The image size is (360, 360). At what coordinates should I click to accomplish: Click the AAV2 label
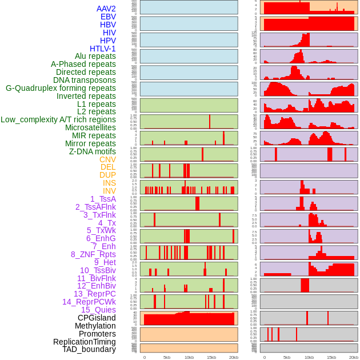(106, 9)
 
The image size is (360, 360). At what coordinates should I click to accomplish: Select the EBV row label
(108, 17)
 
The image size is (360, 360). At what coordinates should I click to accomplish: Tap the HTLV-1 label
(103, 49)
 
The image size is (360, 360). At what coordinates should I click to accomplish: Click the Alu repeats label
(95, 57)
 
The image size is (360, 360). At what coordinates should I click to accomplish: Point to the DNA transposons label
(85, 80)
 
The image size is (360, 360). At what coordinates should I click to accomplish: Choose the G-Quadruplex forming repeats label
(61, 88)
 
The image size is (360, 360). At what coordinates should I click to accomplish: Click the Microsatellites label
(90, 127)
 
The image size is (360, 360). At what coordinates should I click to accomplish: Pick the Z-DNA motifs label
(93, 151)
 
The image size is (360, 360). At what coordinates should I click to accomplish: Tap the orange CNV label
(107, 159)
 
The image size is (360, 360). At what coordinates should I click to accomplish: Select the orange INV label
(109, 191)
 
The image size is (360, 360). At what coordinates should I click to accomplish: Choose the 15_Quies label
(98, 310)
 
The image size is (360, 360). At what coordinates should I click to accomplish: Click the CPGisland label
(97, 318)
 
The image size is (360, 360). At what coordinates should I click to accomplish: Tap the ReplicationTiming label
(84, 342)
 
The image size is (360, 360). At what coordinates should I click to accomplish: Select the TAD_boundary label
(89, 349)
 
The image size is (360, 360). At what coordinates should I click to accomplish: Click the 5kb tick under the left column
(167, 357)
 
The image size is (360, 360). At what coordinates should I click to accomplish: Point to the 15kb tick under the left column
(211, 357)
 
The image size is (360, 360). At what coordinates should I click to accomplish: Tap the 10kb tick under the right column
(309, 357)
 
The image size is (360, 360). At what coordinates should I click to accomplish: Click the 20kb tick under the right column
(354, 357)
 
